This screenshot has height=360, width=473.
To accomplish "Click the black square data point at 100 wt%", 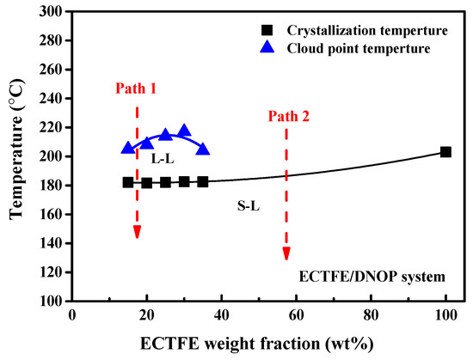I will (x=445, y=152).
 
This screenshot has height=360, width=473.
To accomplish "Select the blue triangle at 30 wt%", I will (x=184, y=131).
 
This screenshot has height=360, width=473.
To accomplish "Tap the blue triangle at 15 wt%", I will (x=128, y=148).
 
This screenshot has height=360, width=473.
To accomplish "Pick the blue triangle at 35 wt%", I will (x=203, y=149).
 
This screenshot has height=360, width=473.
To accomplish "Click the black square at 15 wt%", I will (x=128, y=182).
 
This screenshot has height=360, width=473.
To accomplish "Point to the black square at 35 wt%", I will (x=203, y=182).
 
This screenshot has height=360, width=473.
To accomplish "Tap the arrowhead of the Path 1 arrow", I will (x=137, y=232).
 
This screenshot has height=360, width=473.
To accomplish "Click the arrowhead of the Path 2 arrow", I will (x=286, y=253).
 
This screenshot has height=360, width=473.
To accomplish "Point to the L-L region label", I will (x=163, y=160).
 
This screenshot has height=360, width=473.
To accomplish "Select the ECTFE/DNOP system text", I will (x=372, y=277).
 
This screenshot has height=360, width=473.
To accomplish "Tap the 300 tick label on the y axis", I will (x=50, y=12).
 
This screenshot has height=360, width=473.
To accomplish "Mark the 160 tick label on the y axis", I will (x=50, y=215).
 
